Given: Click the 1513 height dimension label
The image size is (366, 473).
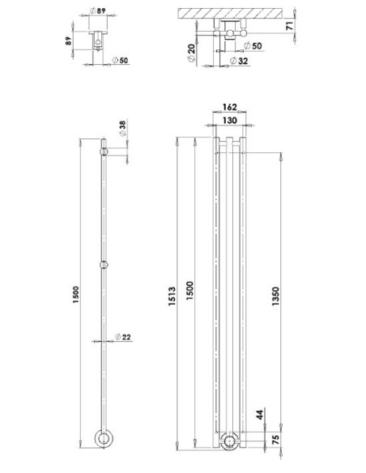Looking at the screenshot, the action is click(172, 296).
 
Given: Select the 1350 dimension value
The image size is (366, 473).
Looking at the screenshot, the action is click(275, 296).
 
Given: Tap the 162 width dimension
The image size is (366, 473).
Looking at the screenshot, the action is click(230, 107).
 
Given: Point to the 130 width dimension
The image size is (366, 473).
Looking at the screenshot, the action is click(230, 121).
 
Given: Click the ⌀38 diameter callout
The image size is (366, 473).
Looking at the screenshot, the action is click(122, 128).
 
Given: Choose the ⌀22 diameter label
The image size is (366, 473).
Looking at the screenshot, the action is click(123, 337).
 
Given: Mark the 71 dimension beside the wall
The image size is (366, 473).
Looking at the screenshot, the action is click(289, 26).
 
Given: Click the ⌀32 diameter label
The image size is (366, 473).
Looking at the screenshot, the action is click(239, 61).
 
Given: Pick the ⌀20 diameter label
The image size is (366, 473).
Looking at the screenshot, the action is click(191, 53).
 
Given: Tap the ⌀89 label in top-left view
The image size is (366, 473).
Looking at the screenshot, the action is click(98, 11).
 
